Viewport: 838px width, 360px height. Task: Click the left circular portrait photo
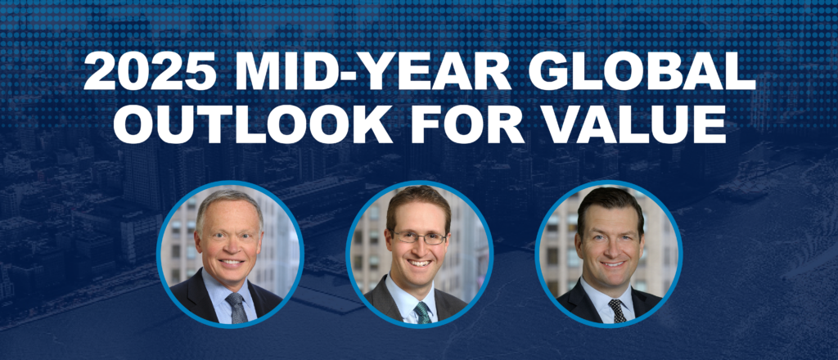230,254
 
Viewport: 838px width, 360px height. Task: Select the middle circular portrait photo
419,254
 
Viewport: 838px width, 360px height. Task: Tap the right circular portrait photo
609,254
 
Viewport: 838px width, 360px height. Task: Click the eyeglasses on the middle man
419,238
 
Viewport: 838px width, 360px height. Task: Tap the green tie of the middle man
423,311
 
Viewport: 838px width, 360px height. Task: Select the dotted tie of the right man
615,309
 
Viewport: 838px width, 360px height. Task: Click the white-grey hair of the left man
229,199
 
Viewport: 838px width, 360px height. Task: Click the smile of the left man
232,263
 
